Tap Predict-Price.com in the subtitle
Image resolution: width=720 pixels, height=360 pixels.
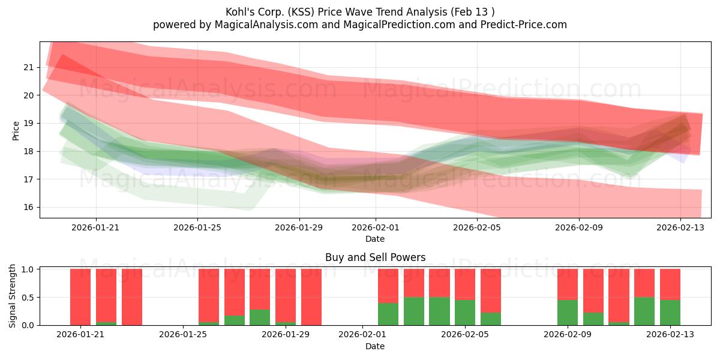coord(523,25)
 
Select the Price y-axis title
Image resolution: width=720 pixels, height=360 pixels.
coord(16,131)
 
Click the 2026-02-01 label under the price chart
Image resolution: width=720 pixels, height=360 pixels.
coord(375,227)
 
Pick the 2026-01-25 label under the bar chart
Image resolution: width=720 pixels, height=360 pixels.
coord(183,335)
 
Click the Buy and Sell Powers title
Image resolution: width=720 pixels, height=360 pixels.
coord(375,257)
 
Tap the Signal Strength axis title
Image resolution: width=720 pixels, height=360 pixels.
coord(12,296)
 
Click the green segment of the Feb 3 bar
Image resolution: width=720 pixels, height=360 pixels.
coord(414,311)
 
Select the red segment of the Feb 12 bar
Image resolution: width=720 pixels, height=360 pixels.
coord(644,283)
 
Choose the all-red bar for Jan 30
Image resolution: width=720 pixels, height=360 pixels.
coord(311,297)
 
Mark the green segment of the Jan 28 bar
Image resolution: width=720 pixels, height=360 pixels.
coord(260,317)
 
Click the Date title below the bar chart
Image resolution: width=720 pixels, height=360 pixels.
coord(375,346)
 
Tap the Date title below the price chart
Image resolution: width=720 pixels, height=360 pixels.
coord(375,239)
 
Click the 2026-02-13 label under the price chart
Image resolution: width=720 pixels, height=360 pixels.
coord(680,227)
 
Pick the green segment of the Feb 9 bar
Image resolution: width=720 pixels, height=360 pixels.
coord(568,313)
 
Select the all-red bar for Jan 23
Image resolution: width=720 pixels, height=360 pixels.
coord(132,297)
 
